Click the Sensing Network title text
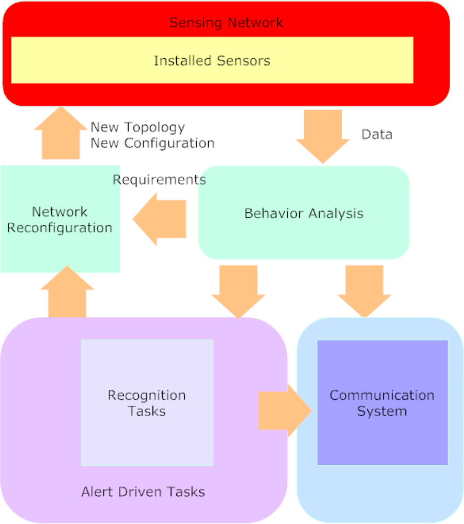coord(226,23)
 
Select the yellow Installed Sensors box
coord(212,60)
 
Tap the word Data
coord(377,135)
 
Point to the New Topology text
coord(138,127)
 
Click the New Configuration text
coord(152,143)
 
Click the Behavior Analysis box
coord(303,213)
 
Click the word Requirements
coord(159,180)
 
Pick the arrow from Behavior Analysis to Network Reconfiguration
coord(160,219)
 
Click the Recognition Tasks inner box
coord(147,403)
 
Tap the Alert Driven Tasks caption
coord(143,492)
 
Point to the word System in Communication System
coord(382,411)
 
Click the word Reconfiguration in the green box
coord(60,228)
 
